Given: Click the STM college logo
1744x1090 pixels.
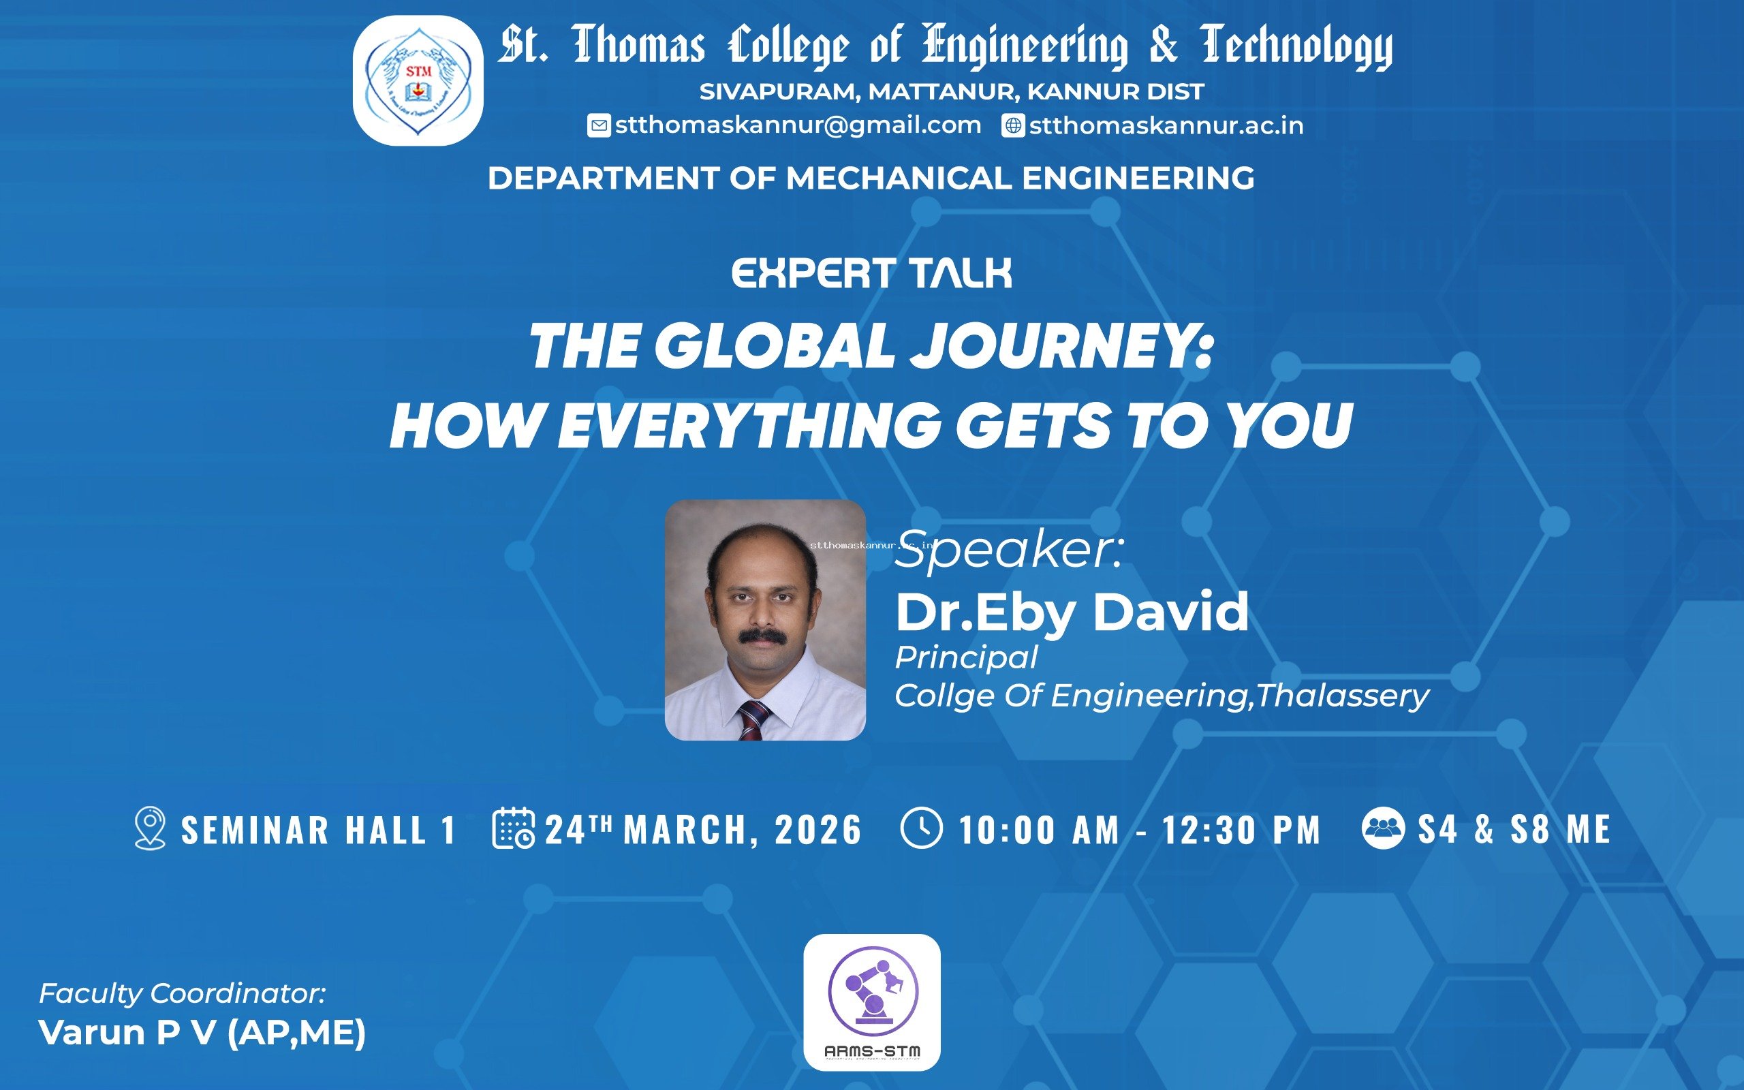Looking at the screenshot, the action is point(418,81).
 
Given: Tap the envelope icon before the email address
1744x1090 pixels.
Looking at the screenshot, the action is point(599,125).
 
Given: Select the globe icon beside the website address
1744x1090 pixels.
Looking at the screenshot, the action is point(1013,125).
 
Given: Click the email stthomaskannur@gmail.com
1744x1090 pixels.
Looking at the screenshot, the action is point(798,125).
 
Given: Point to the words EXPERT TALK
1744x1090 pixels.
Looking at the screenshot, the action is point(872,274).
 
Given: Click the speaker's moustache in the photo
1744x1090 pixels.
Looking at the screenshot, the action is point(761,636).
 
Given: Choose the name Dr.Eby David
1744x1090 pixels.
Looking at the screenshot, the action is point(1072,611).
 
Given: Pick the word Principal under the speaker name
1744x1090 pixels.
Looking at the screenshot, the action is point(966,657).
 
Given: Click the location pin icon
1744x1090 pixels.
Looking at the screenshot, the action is point(150,828).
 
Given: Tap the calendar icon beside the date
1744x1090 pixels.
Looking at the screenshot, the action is point(513,828).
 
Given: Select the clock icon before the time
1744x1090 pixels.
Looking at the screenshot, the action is point(921,828).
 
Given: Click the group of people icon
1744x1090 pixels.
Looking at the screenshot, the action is point(1383,828).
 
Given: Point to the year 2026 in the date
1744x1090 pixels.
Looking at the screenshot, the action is point(818,830).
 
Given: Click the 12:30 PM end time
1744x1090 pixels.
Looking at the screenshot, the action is point(1241,830).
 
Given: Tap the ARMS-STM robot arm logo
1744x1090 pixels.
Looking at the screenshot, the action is point(872,1002).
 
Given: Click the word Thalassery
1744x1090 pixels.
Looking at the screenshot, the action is point(1343,696).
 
